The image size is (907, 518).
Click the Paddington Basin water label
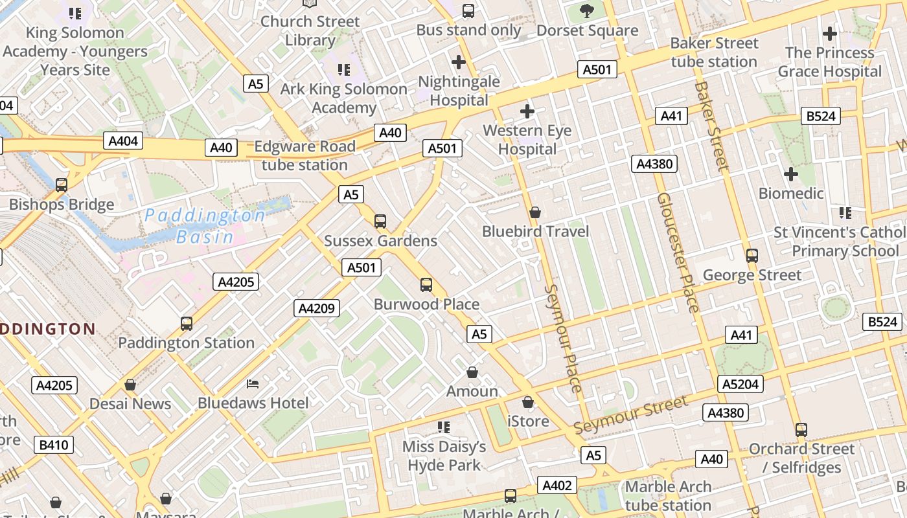tap(205, 225)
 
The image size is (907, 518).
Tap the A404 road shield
tap(122, 141)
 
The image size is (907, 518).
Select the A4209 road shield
tap(317, 308)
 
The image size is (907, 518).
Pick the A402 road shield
tap(557, 486)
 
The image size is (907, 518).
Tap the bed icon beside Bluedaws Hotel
tap(253, 385)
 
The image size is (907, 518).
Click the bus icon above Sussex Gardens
tap(380, 221)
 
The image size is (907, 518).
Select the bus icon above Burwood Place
tap(426, 285)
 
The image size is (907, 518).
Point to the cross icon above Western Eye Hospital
tap(527, 111)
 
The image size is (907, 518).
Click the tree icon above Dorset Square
tap(587, 11)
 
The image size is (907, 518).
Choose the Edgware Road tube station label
tap(304, 155)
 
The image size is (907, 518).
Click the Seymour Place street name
tap(563, 338)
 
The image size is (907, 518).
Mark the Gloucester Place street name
tap(678, 253)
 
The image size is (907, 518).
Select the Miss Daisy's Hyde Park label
tap(444, 456)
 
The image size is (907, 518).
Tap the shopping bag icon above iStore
tap(528, 402)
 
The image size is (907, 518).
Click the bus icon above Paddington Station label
tap(187, 324)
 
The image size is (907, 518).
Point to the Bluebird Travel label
tap(535, 232)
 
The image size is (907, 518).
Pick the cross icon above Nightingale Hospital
tap(459, 62)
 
